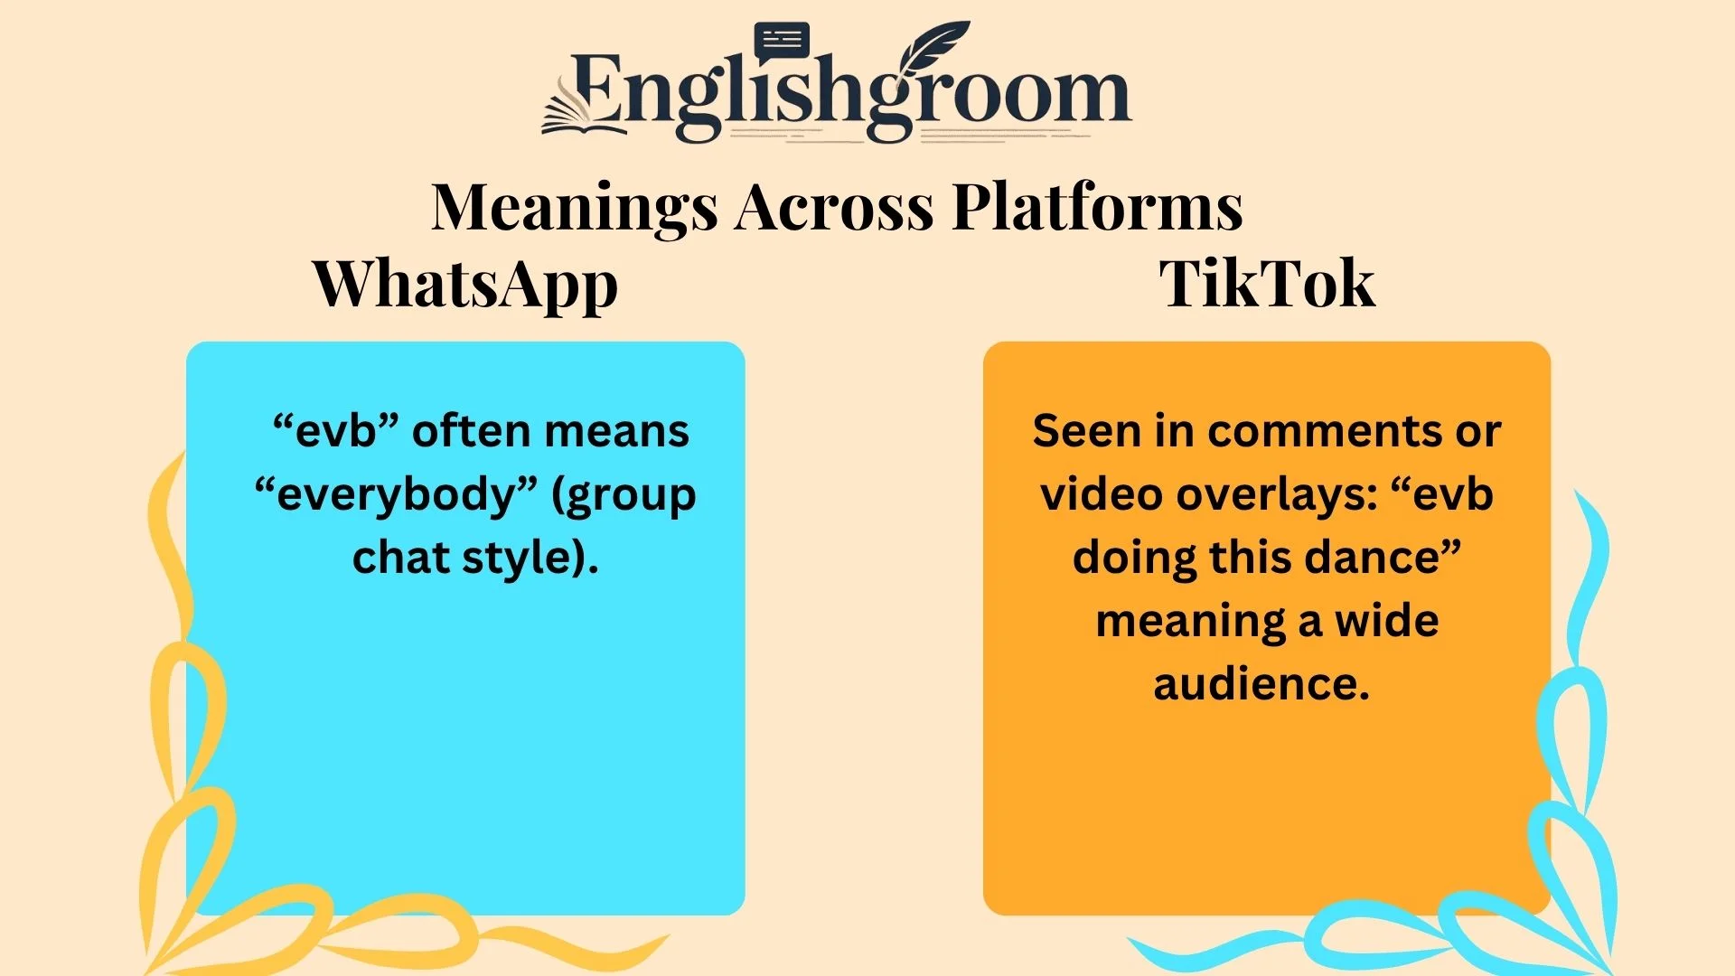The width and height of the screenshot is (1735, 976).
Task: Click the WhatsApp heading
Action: tap(465, 285)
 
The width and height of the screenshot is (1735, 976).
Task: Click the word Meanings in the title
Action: tap(575, 208)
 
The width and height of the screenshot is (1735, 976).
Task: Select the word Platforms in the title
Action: tap(1098, 208)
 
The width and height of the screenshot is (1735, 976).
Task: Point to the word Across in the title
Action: tap(834, 208)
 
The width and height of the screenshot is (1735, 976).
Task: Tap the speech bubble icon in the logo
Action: tap(782, 41)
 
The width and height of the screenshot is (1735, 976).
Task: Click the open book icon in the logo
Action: tap(578, 113)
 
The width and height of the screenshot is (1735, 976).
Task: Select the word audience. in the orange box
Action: tap(1261, 684)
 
